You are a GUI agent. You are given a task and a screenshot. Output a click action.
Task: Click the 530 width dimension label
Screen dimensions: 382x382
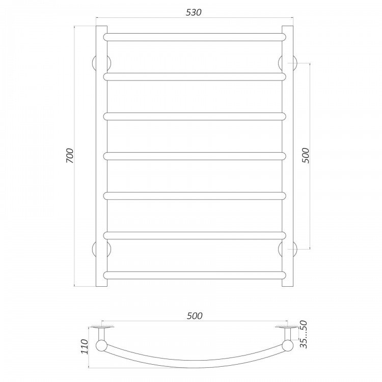pyautogui.click(x=194, y=12)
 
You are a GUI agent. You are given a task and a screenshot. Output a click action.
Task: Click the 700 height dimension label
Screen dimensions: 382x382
pyautogui.click(x=69, y=155)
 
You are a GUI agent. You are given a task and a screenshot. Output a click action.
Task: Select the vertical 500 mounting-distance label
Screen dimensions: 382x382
pyautogui.click(x=305, y=155)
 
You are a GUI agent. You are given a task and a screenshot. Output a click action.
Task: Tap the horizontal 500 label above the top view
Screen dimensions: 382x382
pyautogui.click(x=195, y=316)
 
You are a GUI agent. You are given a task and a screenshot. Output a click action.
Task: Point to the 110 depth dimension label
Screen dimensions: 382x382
pyautogui.click(x=84, y=346)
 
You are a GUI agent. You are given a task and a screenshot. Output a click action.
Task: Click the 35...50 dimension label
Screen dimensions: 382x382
pyautogui.click(x=304, y=334)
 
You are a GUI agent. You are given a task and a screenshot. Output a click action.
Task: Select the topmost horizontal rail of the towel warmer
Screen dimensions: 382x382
pyautogui.click(x=195, y=37)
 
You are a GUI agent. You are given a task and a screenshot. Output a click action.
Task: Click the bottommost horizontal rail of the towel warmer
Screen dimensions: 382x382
pyautogui.click(x=195, y=275)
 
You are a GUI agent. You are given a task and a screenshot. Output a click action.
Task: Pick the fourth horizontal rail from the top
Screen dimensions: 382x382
pyautogui.click(x=195, y=156)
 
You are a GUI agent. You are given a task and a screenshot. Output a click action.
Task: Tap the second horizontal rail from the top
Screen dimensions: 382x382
pyautogui.click(x=195, y=77)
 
